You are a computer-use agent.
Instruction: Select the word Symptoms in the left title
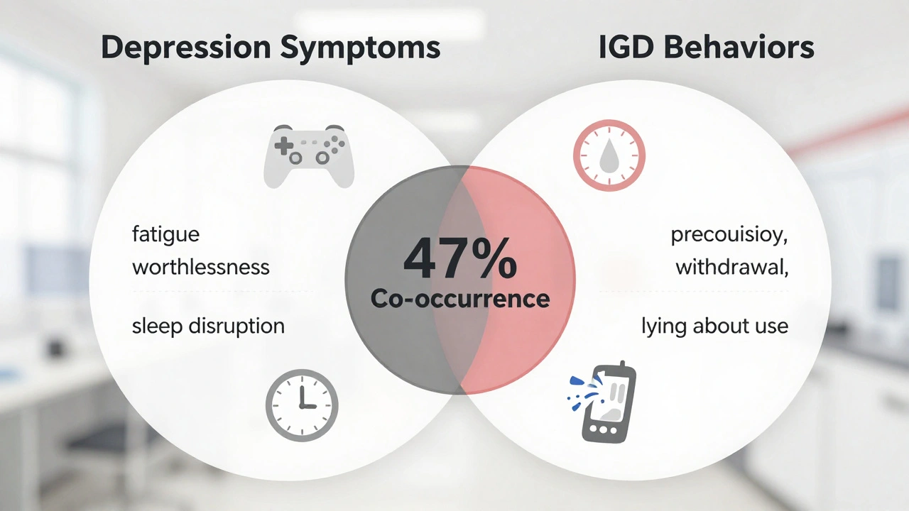click(x=360, y=48)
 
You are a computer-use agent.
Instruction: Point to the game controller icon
click(x=309, y=156)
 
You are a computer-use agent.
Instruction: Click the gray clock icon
click(x=302, y=405)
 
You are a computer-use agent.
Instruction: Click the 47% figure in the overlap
click(x=459, y=260)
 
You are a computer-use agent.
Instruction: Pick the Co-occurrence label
click(x=459, y=299)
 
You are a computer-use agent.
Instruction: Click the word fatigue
click(x=165, y=234)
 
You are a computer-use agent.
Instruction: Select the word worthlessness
click(x=200, y=268)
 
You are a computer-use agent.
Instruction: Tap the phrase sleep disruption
click(x=208, y=326)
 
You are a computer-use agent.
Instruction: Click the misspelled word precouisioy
click(x=729, y=235)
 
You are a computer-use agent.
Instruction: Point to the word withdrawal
click(x=731, y=268)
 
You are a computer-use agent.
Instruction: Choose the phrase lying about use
click(x=714, y=326)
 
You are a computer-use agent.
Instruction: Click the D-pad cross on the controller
click(x=284, y=147)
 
